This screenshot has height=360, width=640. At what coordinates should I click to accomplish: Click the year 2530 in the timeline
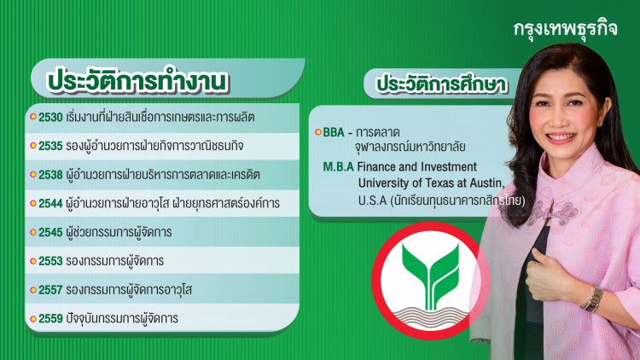[x=50, y=116]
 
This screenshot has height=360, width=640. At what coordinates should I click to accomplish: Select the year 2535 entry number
[x=50, y=146]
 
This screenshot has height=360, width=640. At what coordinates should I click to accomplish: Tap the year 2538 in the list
[x=50, y=175]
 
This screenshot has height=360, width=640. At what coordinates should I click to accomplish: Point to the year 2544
[x=50, y=204]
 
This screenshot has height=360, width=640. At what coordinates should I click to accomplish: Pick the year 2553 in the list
[x=50, y=261]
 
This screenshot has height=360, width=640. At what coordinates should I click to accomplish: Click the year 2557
[x=50, y=290]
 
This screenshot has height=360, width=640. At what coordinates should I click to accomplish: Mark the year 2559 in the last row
[x=50, y=319]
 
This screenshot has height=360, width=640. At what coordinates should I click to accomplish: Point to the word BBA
[x=335, y=133]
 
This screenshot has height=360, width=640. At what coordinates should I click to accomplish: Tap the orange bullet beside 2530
[x=32, y=117]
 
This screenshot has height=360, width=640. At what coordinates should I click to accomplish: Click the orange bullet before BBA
[x=318, y=133]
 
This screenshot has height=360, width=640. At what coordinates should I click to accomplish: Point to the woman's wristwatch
[x=591, y=299]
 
